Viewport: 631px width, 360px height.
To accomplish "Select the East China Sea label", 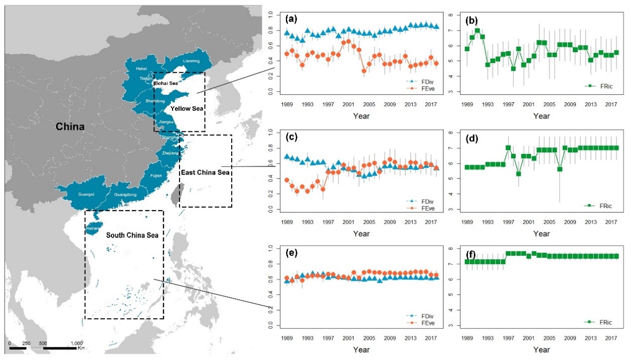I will click(205, 172).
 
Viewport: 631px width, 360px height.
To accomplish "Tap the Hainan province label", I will click(92, 228).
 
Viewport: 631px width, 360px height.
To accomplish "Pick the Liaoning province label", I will click(191, 61).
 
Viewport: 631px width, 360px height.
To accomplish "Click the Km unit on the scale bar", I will click(81, 347).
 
